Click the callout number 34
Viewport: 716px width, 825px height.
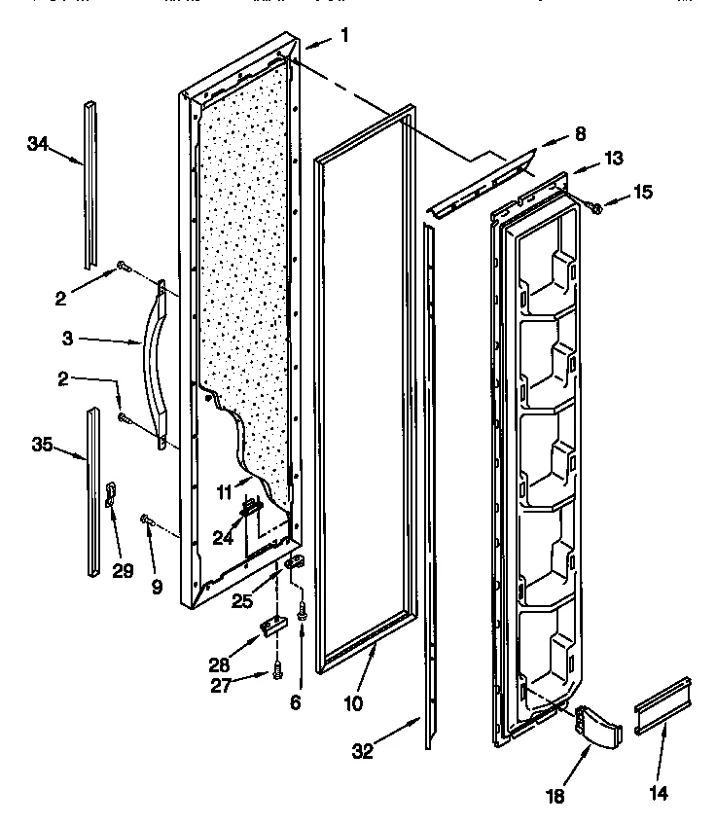[37, 144]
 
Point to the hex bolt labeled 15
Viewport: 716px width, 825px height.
[595, 206]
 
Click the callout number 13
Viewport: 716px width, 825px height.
[613, 158]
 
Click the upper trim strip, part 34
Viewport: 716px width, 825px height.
[89, 185]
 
